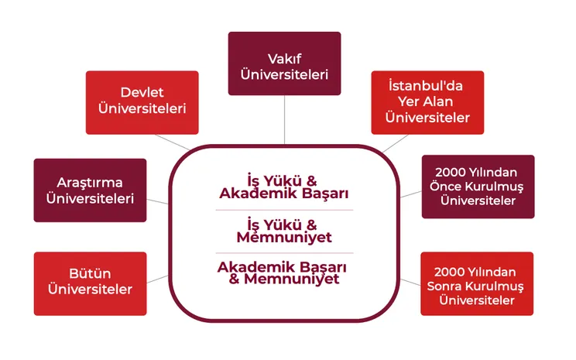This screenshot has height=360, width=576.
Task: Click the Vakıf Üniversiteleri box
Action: [284, 63]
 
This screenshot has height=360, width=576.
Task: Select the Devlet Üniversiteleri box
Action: [142, 102]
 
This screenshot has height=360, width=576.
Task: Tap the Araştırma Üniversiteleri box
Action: [90, 190]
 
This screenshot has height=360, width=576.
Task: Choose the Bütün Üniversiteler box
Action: [90, 283]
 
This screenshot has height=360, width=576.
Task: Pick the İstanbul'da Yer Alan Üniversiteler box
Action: [427, 102]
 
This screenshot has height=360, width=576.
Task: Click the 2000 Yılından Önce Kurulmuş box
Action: [478, 187]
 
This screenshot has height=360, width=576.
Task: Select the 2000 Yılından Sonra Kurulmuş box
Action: [477, 283]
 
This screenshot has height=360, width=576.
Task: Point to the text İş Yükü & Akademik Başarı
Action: [283, 187]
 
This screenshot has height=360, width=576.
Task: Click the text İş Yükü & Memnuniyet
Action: [283, 231]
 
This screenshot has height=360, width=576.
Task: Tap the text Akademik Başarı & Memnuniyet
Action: [282, 273]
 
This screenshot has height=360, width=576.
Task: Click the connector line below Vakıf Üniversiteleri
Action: [284, 120]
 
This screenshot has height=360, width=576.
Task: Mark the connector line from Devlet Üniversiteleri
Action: [173, 142]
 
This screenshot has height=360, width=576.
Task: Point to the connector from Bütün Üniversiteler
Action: [158, 279]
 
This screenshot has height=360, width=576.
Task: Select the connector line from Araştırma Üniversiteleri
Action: [158, 201]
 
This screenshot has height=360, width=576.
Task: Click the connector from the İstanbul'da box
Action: [396, 143]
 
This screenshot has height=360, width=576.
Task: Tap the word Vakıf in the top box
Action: [284, 59]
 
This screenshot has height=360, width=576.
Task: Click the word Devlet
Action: [142, 92]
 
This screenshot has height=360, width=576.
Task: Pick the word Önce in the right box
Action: [445, 186]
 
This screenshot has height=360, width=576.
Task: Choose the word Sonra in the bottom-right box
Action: [444, 286]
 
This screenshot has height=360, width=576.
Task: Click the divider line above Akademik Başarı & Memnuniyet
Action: [284, 253]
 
